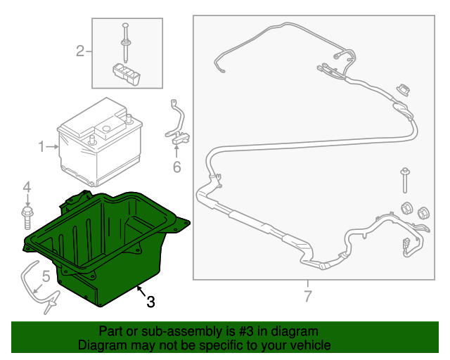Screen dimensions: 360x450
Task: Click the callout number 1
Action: point(41,146)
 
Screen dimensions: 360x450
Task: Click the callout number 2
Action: point(81,51)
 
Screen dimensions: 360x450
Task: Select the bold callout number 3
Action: point(150,302)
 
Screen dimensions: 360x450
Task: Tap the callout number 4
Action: point(27,187)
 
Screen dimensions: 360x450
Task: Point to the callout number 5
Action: point(46,276)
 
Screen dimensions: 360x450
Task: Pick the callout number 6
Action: point(176,167)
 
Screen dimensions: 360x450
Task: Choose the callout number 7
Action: point(307,296)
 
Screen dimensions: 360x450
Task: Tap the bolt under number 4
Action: point(27,215)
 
